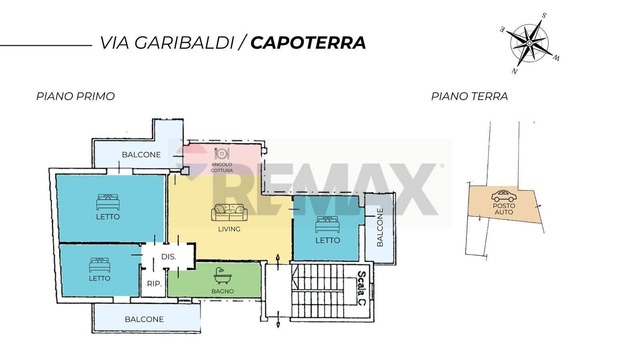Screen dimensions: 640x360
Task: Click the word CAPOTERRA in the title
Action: [x=308, y=43]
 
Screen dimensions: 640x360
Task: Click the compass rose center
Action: [x=529, y=43]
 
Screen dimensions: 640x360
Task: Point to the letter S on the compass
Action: [x=544, y=16]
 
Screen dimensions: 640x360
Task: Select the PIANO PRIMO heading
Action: [x=76, y=96]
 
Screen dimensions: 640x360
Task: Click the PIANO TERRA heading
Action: [x=470, y=96]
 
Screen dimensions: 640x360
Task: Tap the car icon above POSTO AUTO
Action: [x=504, y=196]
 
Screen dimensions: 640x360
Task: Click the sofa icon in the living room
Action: [x=229, y=212]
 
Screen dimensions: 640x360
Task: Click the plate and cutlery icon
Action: [x=222, y=154]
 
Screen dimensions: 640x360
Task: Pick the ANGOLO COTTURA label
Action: [x=222, y=168]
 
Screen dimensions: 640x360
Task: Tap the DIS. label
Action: [x=168, y=256]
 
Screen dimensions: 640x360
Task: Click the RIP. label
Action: [x=154, y=284]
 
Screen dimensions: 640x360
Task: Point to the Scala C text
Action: [x=362, y=288]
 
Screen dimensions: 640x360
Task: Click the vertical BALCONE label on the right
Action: [x=380, y=227]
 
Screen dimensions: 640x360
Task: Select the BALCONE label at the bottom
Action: [x=144, y=319]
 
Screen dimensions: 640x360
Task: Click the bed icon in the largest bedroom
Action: [x=108, y=202]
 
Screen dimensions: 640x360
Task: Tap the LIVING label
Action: [x=229, y=229]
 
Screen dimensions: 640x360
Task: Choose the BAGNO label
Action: [x=222, y=292]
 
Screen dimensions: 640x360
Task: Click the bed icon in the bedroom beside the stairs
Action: [x=328, y=224]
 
